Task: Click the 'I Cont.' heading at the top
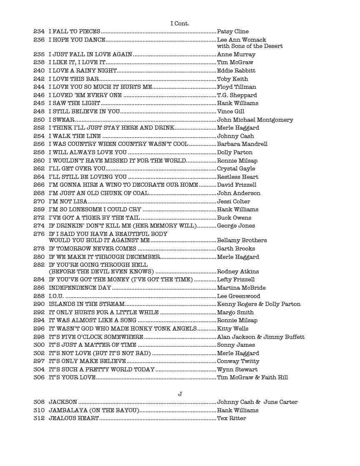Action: coord(180,23)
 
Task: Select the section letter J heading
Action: coord(180,394)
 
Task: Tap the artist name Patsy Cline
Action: coord(232,32)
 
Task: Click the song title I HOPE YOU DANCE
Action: coord(77,40)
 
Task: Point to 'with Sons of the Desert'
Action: coord(250,46)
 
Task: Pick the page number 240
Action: coord(39,71)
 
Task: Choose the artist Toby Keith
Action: coord(232,79)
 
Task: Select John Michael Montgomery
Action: coord(255,120)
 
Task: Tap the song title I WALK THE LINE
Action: coord(75,136)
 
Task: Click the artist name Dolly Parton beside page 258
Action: coord(235,152)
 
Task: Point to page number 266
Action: coord(39,185)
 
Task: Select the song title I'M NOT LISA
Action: coord(68,201)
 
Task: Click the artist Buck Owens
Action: coord(234,218)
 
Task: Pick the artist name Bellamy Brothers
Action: coord(242,241)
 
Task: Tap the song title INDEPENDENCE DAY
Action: coord(80,288)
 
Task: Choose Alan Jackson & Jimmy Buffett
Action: coord(260,337)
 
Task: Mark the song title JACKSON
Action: coord(63,402)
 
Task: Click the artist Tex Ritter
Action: coord(231,418)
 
